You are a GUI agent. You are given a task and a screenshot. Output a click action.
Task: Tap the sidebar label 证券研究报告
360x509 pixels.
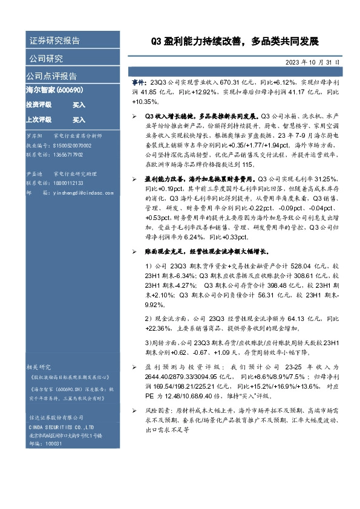54,41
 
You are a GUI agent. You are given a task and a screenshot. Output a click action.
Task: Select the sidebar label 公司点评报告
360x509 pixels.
51,76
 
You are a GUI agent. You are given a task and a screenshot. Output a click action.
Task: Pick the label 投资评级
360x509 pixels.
38,105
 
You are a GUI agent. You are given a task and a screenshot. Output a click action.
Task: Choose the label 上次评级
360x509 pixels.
38,120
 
